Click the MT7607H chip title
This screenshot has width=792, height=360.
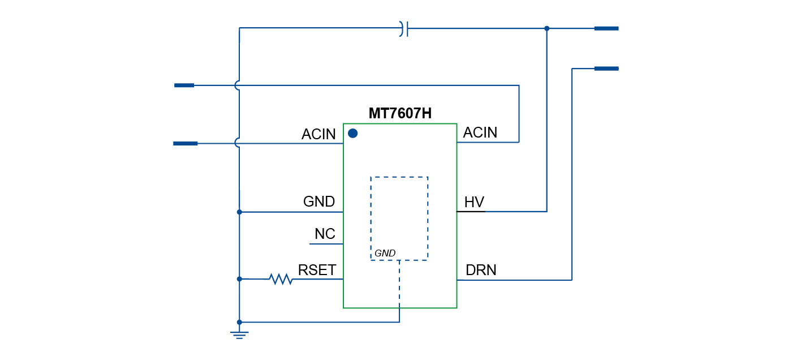400,114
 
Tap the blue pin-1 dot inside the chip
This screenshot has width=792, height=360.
352,134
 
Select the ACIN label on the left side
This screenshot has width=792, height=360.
318,134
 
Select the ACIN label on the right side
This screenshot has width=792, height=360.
480,132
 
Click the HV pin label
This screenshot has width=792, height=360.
474,202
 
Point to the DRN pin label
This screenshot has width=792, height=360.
481,271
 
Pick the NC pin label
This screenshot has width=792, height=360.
325,234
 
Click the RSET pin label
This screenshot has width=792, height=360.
317,270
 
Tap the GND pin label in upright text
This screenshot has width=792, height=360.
319,202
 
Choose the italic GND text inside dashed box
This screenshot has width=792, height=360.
385,253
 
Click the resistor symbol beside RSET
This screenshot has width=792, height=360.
281,278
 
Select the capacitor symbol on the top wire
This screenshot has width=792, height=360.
404,28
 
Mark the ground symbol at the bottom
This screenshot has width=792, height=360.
239,334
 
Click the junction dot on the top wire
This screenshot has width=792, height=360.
546,28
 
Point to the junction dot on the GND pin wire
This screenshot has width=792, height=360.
239,212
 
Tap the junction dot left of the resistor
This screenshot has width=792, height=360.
239,278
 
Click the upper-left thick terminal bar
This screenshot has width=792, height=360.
184,85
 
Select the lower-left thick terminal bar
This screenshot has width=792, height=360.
185,144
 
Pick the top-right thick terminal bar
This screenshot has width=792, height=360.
606,28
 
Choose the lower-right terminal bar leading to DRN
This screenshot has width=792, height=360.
606,68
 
